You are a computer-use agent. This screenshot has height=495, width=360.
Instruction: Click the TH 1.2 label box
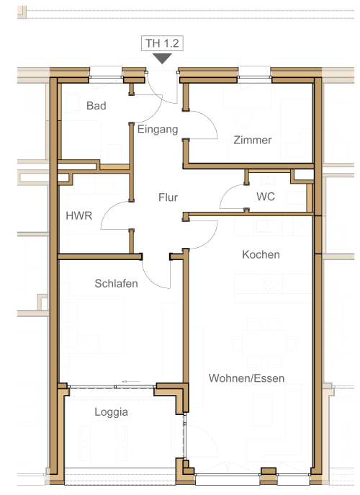click(x=162, y=43)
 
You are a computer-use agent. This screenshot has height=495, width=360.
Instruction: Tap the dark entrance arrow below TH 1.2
click(x=162, y=58)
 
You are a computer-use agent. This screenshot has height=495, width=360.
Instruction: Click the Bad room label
click(x=96, y=105)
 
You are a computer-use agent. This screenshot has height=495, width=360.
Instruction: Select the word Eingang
click(x=158, y=130)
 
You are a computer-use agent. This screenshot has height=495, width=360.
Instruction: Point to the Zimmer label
click(x=253, y=140)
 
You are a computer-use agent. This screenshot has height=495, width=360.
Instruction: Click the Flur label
click(x=168, y=197)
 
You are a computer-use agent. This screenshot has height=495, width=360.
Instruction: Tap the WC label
click(x=266, y=197)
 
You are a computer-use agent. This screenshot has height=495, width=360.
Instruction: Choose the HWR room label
click(x=79, y=215)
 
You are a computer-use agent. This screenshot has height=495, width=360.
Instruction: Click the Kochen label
click(x=261, y=254)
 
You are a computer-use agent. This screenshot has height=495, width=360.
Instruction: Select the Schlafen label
click(x=116, y=283)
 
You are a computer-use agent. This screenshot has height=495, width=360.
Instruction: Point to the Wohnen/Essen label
click(x=246, y=378)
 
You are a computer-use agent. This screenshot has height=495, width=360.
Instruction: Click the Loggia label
click(x=112, y=412)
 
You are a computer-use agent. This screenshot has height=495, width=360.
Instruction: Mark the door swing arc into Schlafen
click(x=150, y=279)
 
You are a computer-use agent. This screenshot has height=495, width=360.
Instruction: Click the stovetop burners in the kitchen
click(x=273, y=285)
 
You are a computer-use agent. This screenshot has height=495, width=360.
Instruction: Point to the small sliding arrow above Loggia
click(x=131, y=382)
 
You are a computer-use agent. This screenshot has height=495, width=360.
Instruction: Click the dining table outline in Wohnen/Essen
click(x=264, y=343)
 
